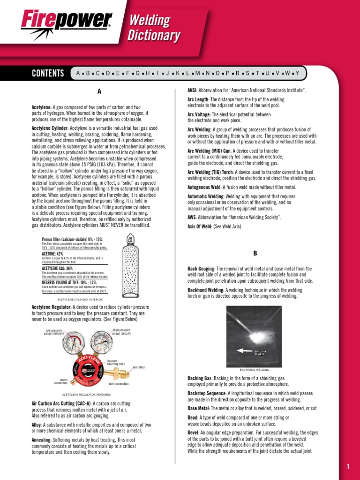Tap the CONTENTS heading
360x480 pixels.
point(47,73)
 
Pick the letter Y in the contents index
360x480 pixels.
point(297,73)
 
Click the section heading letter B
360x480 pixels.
point(255,253)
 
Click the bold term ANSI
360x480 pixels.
point(191,90)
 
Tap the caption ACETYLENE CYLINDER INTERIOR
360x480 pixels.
point(80,299)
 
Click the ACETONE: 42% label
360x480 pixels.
point(52,254)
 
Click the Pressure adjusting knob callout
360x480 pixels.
point(116,362)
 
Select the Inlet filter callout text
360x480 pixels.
point(139,367)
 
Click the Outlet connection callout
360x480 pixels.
point(61,381)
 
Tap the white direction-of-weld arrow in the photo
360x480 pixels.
point(244,350)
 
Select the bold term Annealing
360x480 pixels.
point(41,440)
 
